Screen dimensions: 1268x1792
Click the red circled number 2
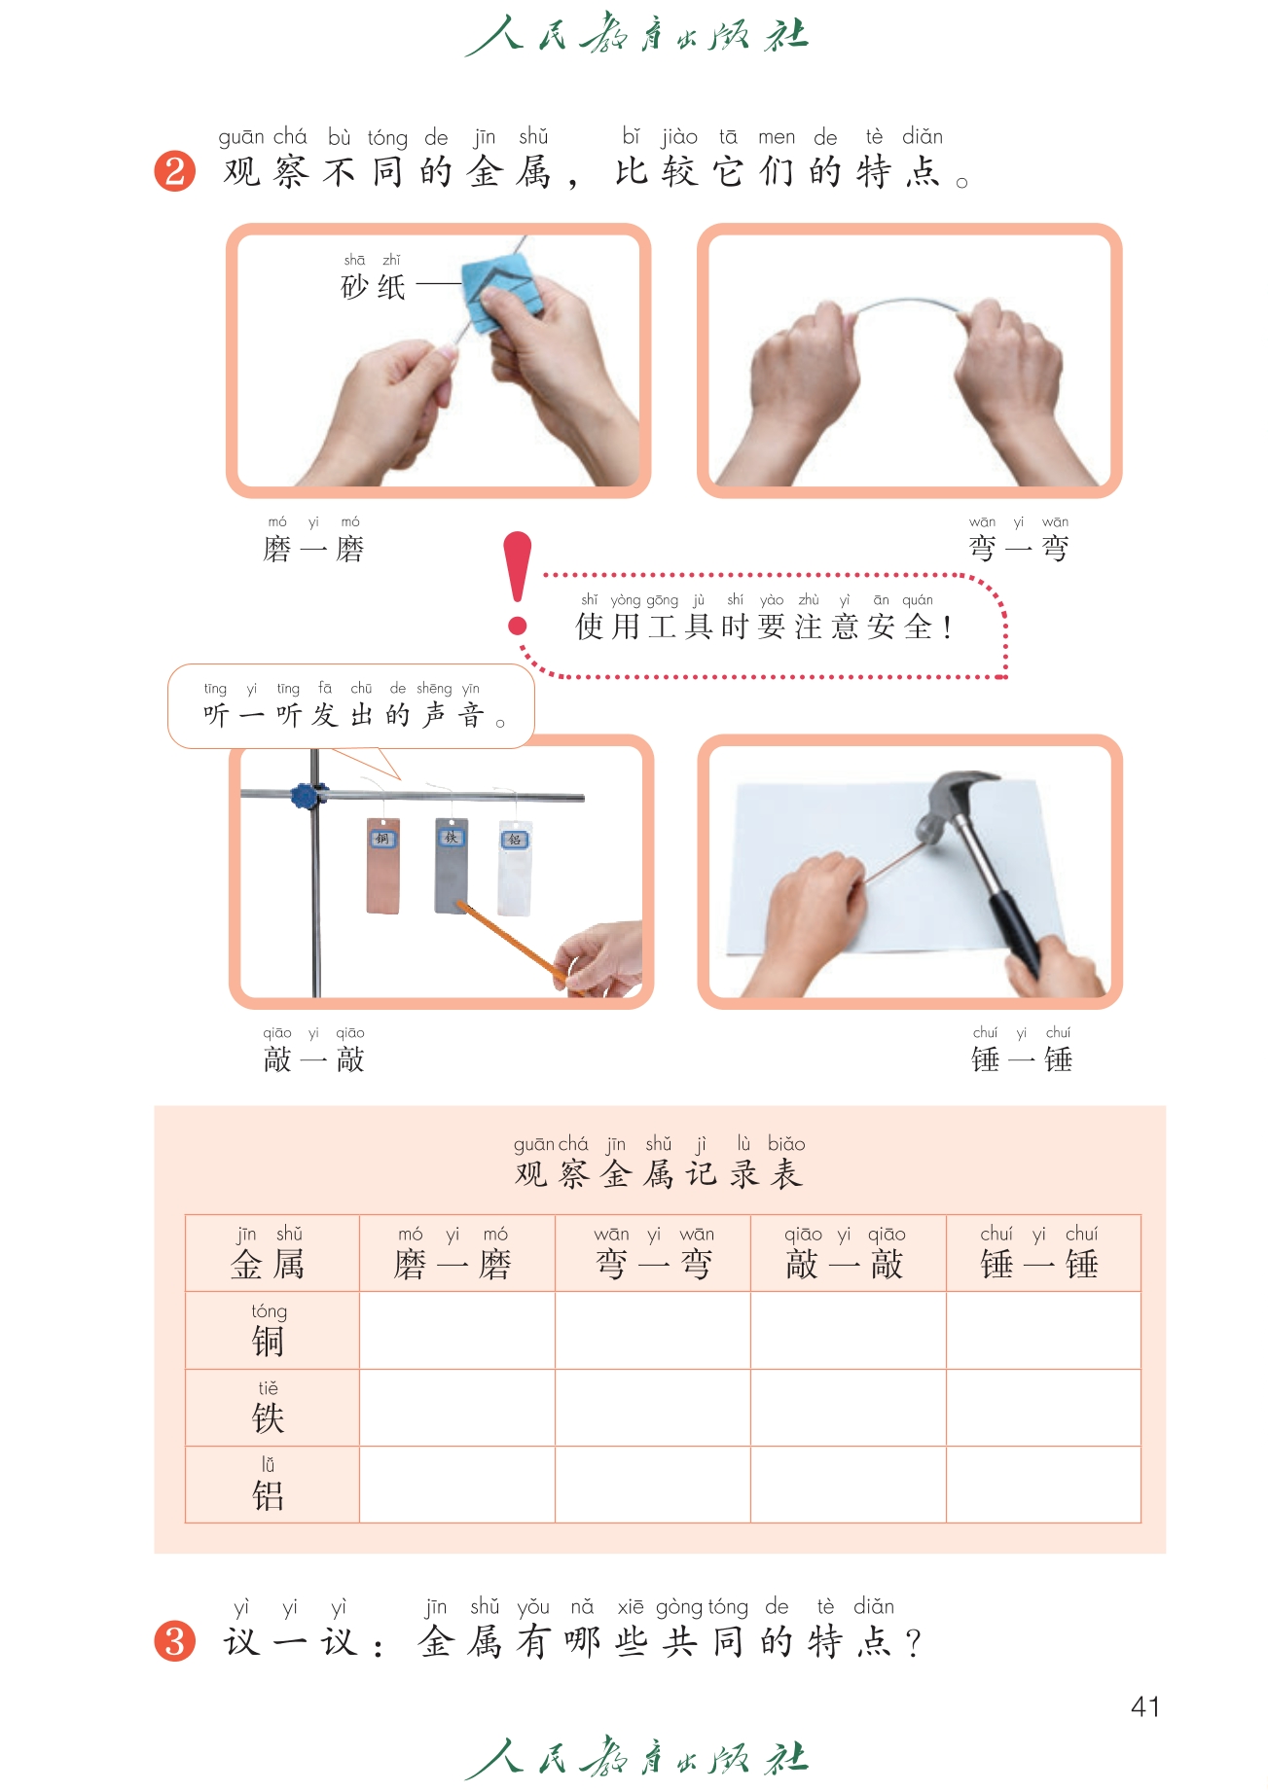[x=175, y=171]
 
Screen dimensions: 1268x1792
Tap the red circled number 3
[x=175, y=1641]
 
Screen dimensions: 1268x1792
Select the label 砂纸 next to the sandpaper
[x=373, y=287]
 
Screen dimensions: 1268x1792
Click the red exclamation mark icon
[x=518, y=582]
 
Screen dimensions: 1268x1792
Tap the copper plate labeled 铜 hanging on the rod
[x=383, y=866]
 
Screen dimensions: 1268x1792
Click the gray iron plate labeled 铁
[x=452, y=865]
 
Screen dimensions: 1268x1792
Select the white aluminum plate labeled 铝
[x=515, y=868]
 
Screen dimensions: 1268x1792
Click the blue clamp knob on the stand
[x=308, y=796]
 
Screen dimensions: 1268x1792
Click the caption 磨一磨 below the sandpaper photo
[x=313, y=550]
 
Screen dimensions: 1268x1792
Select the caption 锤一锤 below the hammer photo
[x=1022, y=1059]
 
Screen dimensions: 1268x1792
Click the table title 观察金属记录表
[x=659, y=1174]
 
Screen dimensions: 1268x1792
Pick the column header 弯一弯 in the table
[x=654, y=1264]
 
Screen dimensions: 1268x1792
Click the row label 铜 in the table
[x=268, y=1342]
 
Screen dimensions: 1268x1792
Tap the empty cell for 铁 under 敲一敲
[x=848, y=1407]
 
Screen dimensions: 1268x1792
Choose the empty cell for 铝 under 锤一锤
[x=1043, y=1484]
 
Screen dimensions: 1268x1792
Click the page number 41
[x=1145, y=1707]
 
